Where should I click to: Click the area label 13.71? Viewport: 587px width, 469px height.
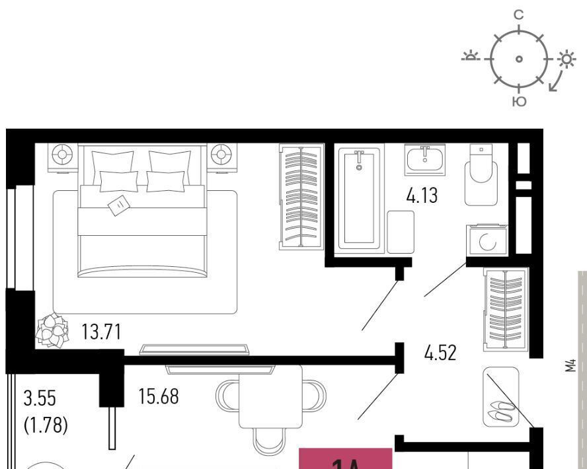tap(101, 332)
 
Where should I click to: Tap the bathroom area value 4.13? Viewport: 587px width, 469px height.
tap(421, 196)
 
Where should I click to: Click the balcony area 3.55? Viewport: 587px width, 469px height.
tap(40, 399)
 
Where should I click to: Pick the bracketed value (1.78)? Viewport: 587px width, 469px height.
tap(44, 424)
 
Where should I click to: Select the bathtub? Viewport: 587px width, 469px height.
tap(361, 198)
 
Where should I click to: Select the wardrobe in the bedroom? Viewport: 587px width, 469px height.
tap(301, 196)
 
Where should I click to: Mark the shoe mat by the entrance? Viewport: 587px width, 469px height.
tap(500, 396)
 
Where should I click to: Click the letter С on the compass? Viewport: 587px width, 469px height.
tap(519, 14)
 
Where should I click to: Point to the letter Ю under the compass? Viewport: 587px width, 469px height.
tap(520, 101)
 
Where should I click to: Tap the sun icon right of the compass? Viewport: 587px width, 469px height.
tap(566, 59)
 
